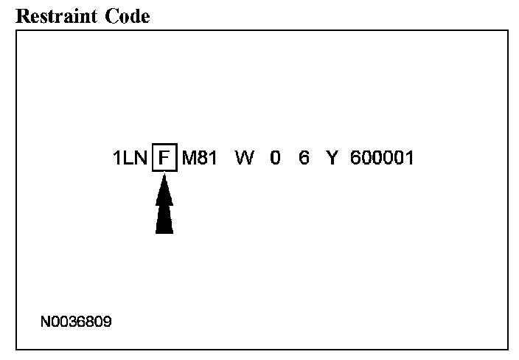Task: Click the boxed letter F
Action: pos(164,159)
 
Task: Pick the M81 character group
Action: pos(198,159)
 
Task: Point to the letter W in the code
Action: pos(244,159)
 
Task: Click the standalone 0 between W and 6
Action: pos(275,159)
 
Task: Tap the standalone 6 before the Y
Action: pos(304,159)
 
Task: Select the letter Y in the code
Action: pos(332,159)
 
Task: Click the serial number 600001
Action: pos(382,159)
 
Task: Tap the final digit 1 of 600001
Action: pos(409,159)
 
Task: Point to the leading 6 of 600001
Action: pos(356,159)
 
